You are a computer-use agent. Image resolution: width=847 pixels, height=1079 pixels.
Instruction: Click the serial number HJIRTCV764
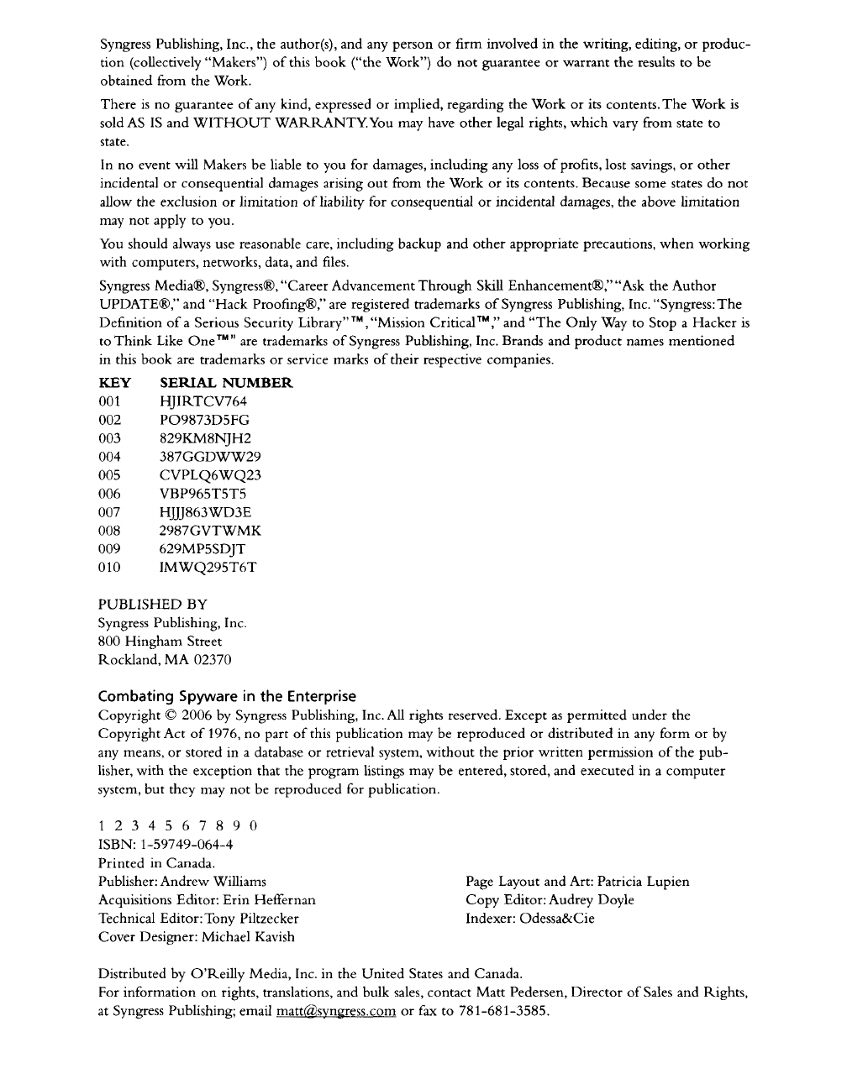click(203, 401)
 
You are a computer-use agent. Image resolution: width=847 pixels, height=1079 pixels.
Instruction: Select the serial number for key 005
click(210, 475)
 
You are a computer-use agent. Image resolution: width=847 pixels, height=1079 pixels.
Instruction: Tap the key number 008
click(109, 531)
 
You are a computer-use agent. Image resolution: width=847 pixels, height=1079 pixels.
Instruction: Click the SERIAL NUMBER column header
click(226, 383)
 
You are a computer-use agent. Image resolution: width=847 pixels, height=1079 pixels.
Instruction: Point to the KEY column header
click(114, 383)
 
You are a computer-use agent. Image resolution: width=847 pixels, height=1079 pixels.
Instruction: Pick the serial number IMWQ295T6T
click(208, 568)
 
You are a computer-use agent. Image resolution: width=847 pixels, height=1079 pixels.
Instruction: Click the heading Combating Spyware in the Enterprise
click(227, 696)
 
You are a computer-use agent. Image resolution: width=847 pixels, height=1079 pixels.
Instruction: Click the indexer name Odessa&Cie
click(557, 919)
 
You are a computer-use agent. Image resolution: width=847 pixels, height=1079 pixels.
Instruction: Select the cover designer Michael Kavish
click(248, 937)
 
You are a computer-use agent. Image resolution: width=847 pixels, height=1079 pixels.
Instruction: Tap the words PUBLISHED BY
click(153, 605)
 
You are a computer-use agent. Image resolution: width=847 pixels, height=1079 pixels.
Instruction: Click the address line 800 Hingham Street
click(160, 642)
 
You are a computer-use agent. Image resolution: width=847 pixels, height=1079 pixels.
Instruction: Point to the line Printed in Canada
click(157, 863)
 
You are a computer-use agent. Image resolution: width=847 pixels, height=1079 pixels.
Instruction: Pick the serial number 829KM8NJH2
click(205, 438)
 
